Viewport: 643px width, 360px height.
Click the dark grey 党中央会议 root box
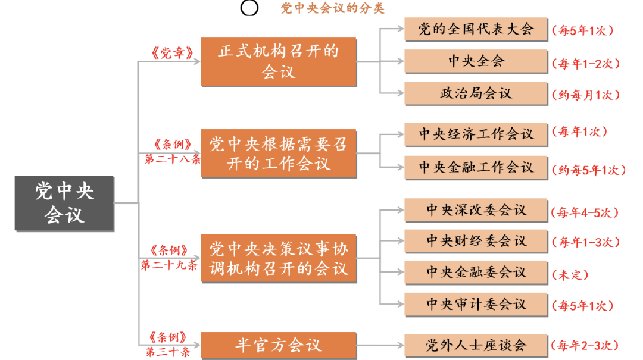(64, 203)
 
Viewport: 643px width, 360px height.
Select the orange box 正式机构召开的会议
(279, 61)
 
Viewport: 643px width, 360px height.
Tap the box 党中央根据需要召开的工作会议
(279, 154)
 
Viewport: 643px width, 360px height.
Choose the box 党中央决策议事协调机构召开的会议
(279, 258)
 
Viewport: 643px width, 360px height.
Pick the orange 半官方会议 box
(279, 345)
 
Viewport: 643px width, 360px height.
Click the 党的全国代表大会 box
(476, 29)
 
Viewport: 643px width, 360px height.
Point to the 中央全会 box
(476, 61)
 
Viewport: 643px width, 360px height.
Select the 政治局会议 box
(476, 93)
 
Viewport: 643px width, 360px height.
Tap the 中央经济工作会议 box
(476, 134)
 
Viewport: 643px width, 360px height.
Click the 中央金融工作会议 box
(476, 167)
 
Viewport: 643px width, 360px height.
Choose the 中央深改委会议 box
(476, 210)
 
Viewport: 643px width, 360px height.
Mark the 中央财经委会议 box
(476, 240)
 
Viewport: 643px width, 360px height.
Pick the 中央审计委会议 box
(476, 304)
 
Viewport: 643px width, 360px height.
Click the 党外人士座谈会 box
(476, 345)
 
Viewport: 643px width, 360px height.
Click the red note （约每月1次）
(586, 95)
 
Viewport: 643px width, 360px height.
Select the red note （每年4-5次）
(585, 213)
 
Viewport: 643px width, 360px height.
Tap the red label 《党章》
(172, 53)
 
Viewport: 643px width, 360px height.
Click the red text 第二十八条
(173, 159)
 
